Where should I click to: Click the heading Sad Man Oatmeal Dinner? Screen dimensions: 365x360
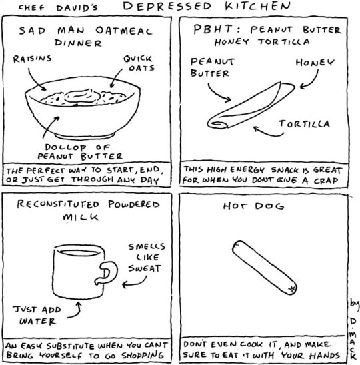pos(85,37)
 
